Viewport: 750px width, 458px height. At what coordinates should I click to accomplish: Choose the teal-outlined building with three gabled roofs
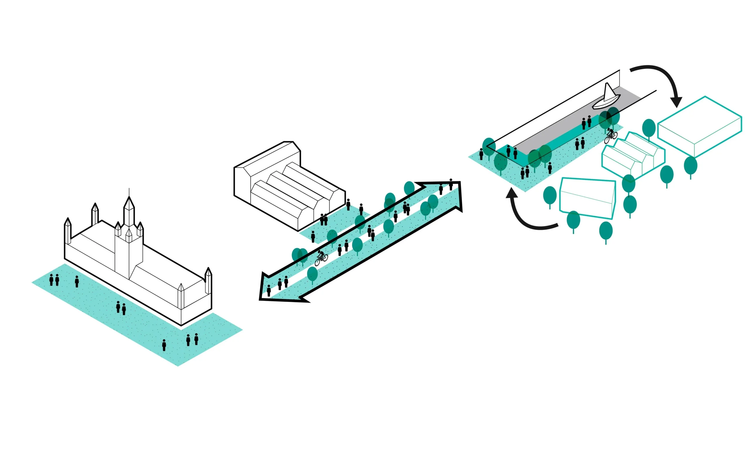(x=633, y=155)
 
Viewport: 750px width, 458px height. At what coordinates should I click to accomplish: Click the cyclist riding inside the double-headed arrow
(x=321, y=258)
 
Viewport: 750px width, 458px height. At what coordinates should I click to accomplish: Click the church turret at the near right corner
(x=208, y=281)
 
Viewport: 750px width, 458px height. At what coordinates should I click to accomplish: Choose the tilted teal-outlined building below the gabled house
(x=587, y=198)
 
